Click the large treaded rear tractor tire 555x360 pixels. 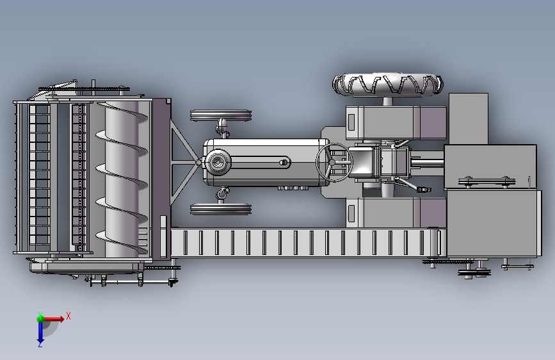(387, 85)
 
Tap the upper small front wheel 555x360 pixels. (221, 115)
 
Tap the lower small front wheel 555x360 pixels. (221, 209)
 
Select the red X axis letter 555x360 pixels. (68, 316)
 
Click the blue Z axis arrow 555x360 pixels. (40, 332)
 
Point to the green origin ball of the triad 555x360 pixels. (40, 318)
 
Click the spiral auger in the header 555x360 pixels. (122, 179)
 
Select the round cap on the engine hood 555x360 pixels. (217, 162)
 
